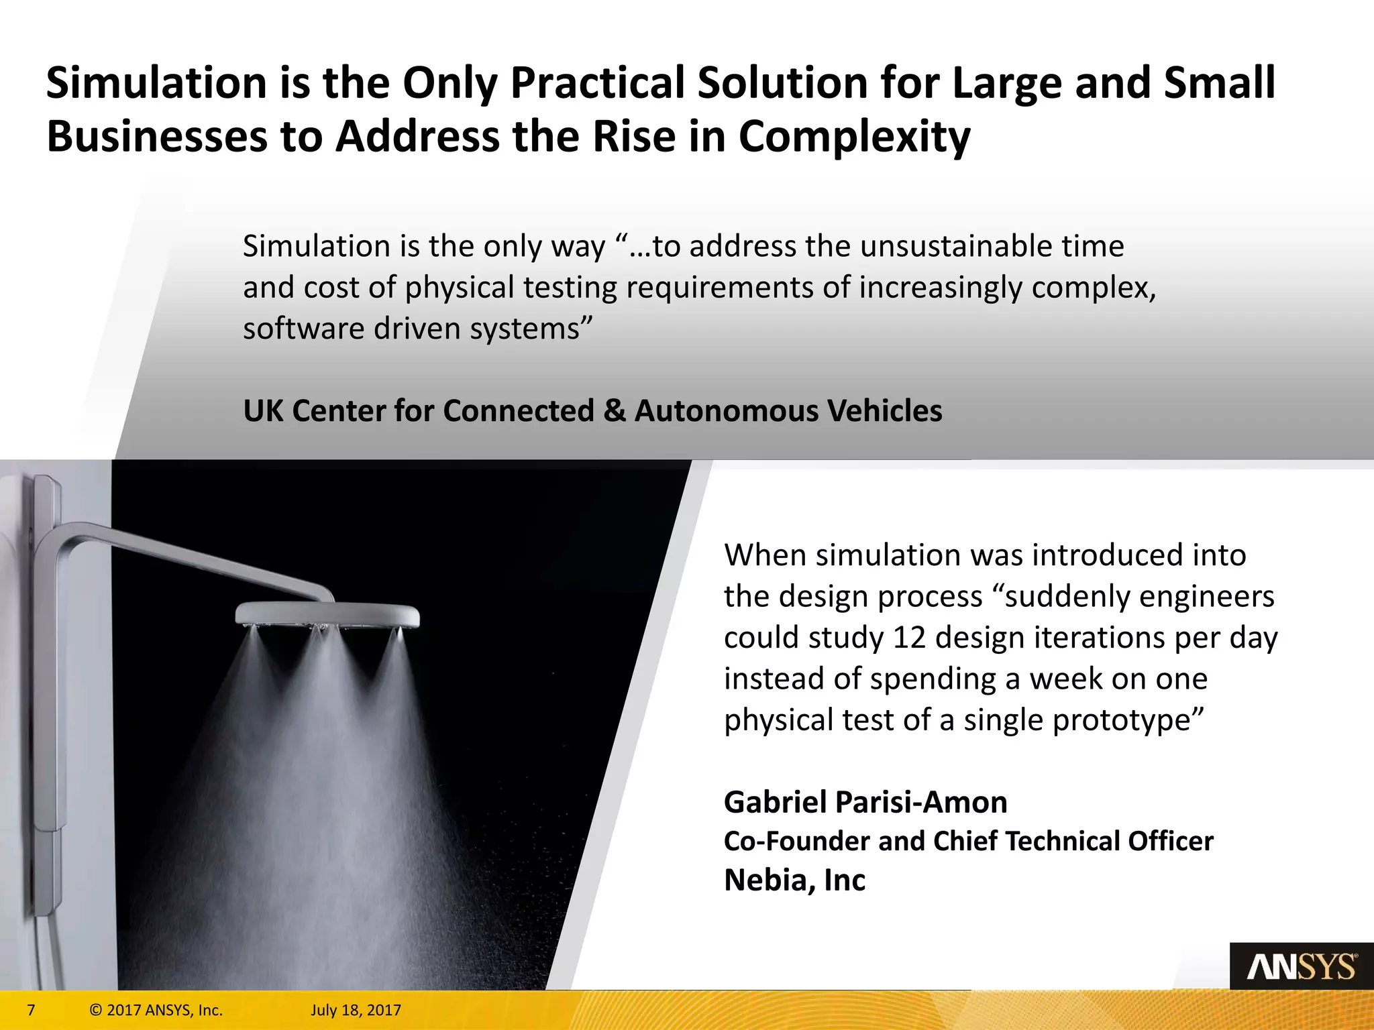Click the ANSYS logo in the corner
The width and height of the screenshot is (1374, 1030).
1301,967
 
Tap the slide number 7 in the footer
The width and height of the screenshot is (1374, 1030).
31,1010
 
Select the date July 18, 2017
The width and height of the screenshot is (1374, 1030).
356,1010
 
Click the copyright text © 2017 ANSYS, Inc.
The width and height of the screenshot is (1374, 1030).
156,1010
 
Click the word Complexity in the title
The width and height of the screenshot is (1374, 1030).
854,137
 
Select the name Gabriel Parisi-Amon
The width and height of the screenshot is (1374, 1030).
865,802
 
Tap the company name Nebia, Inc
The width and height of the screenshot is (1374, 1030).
794,880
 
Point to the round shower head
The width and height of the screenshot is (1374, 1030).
327,613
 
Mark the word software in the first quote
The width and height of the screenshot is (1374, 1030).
302,329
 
